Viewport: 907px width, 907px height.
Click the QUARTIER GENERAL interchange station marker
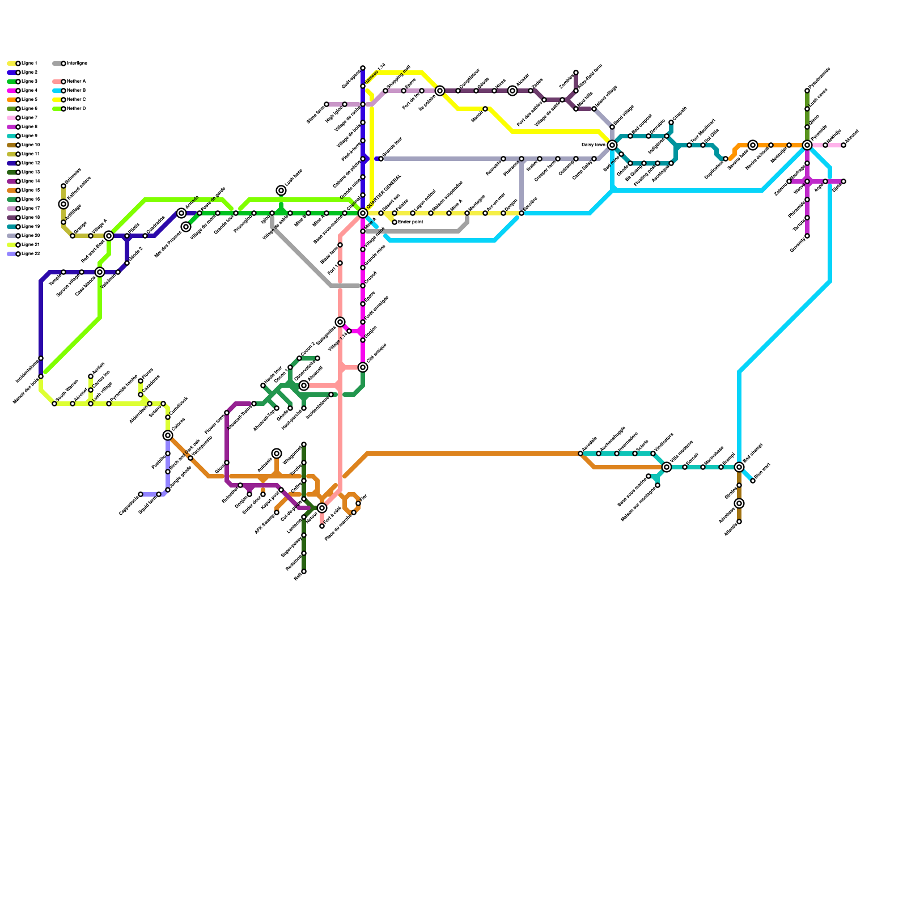click(x=363, y=213)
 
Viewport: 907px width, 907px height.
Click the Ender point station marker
click(x=395, y=222)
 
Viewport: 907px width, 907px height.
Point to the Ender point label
click(x=411, y=222)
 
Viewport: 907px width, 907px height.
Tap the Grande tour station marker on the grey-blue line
click(x=381, y=159)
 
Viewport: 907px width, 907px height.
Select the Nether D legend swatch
click(x=57, y=109)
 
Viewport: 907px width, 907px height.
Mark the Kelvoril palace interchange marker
click(x=63, y=204)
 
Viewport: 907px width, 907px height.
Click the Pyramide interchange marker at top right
click(x=807, y=145)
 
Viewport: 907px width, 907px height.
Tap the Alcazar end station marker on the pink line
click(x=844, y=145)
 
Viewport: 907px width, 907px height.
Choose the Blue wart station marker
click(x=753, y=481)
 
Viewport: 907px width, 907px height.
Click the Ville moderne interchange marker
click(x=667, y=467)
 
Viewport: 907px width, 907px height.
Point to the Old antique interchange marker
click(x=363, y=367)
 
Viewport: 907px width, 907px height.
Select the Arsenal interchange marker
click(x=304, y=385)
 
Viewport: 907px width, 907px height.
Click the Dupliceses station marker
click(x=726, y=159)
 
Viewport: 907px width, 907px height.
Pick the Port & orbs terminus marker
click(x=322, y=526)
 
